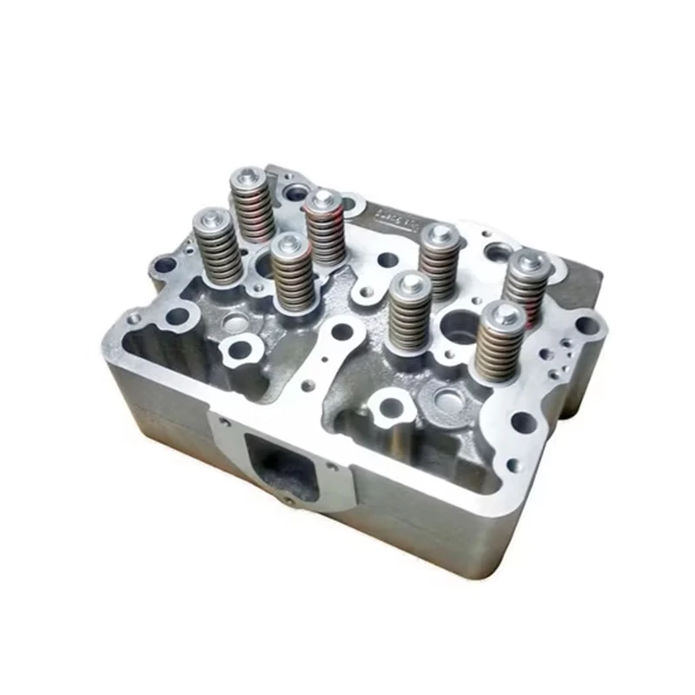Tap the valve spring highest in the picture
click(x=251, y=206)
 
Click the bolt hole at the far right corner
click(x=587, y=326)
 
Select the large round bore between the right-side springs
click(x=457, y=327)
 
